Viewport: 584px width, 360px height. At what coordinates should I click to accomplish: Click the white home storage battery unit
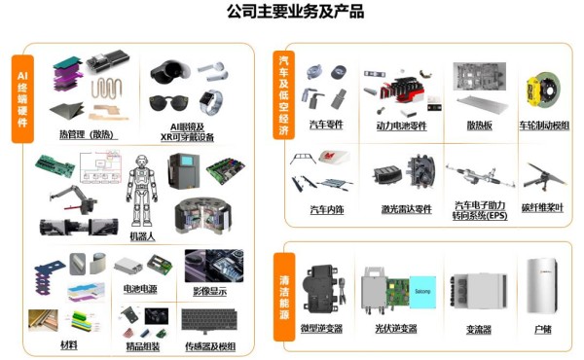(x=544, y=287)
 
